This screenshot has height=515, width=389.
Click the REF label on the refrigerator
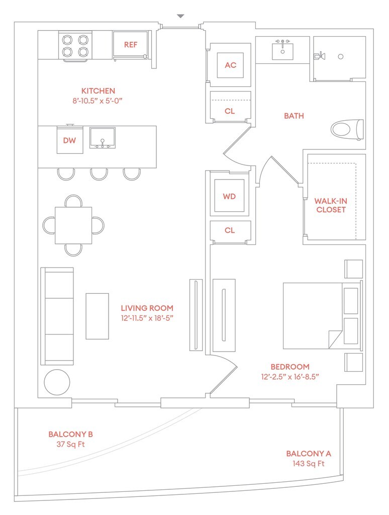point(131,45)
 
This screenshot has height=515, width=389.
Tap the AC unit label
point(231,65)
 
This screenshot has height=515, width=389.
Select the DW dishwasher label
point(69,140)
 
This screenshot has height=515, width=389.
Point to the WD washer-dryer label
point(229,196)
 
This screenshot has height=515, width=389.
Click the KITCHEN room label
point(99,91)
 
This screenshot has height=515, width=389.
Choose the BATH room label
point(294,116)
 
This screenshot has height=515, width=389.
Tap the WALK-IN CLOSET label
point(331,205)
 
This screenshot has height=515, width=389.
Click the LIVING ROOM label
point(147,308)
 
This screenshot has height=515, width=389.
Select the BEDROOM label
point(290,367)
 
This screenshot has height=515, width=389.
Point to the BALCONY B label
point(70,434)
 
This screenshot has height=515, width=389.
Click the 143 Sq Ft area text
point(309,463)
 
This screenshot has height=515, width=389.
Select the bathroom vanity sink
point(283,50)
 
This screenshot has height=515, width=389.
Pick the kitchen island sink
point(103,138)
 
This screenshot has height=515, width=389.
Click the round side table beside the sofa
point(57,382)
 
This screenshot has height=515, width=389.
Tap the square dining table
point(73,225)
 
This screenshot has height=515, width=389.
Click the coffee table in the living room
point(97,316)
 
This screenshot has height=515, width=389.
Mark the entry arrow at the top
point(181,17)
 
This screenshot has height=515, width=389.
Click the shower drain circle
point(340,56)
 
